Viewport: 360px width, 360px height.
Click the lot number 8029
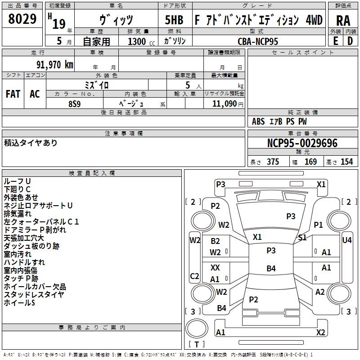tap(22, 19)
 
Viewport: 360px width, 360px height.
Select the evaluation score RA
tap(343, 21)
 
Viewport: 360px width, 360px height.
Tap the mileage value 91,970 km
tap(55, 65)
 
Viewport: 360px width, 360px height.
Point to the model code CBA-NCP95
tap(258, 41)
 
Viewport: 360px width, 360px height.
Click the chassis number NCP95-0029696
tap(302, 143)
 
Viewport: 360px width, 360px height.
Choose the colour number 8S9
tap(75, 104)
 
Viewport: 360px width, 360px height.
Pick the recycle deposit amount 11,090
tap(224, 104)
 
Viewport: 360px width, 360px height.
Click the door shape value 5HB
tap(174, 20)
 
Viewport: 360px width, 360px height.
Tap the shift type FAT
tap(13, 94)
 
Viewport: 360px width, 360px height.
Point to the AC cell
tap(35, 94)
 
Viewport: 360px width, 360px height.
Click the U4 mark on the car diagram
tap(346, 240)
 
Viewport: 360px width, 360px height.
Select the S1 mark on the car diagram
tap(302, 238)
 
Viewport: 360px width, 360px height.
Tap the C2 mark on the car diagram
tap(194, 276)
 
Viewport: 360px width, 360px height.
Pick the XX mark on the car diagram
tap(215, 267)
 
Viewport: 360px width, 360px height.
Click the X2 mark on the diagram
tap(320, 332)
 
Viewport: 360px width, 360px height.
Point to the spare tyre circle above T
tap(197, 328)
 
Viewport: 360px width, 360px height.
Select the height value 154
tap(346, 162)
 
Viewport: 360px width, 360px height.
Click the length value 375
tap(273, 162)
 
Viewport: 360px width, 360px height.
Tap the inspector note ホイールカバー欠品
tap(35, 287)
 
